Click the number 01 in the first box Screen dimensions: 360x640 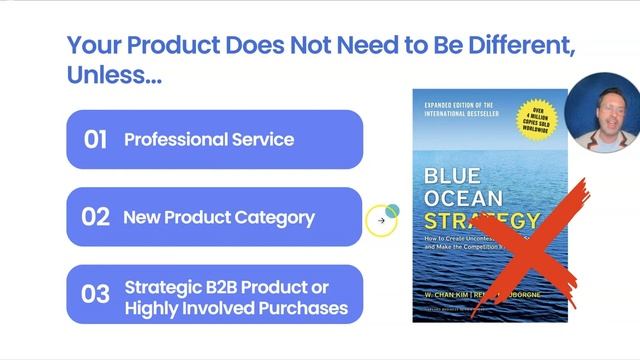[95, 139]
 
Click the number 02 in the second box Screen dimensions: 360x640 [95, 217]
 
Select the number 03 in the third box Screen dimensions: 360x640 [95, 295]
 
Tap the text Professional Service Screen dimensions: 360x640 [209, 139]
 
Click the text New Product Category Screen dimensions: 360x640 [219, 217]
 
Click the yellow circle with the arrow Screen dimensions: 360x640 [381, 221]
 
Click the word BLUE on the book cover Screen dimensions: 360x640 [451, 175]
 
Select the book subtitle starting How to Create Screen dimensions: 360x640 [470, 244]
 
